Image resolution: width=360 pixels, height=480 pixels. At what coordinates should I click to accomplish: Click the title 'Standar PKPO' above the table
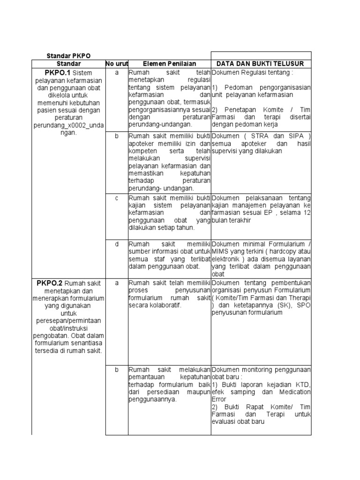68,56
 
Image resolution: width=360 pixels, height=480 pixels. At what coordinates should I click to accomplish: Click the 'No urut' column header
117,64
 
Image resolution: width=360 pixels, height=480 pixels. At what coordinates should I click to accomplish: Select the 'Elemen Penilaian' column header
163,64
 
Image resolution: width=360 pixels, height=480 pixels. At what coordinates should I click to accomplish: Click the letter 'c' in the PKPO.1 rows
117,198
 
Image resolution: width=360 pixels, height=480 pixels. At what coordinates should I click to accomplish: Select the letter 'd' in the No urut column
117,244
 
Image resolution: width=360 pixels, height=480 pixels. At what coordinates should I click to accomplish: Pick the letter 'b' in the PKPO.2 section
117,370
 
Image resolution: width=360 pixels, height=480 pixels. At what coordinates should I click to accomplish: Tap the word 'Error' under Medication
220,399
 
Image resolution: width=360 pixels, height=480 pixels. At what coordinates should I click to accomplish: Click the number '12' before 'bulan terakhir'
307,213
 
